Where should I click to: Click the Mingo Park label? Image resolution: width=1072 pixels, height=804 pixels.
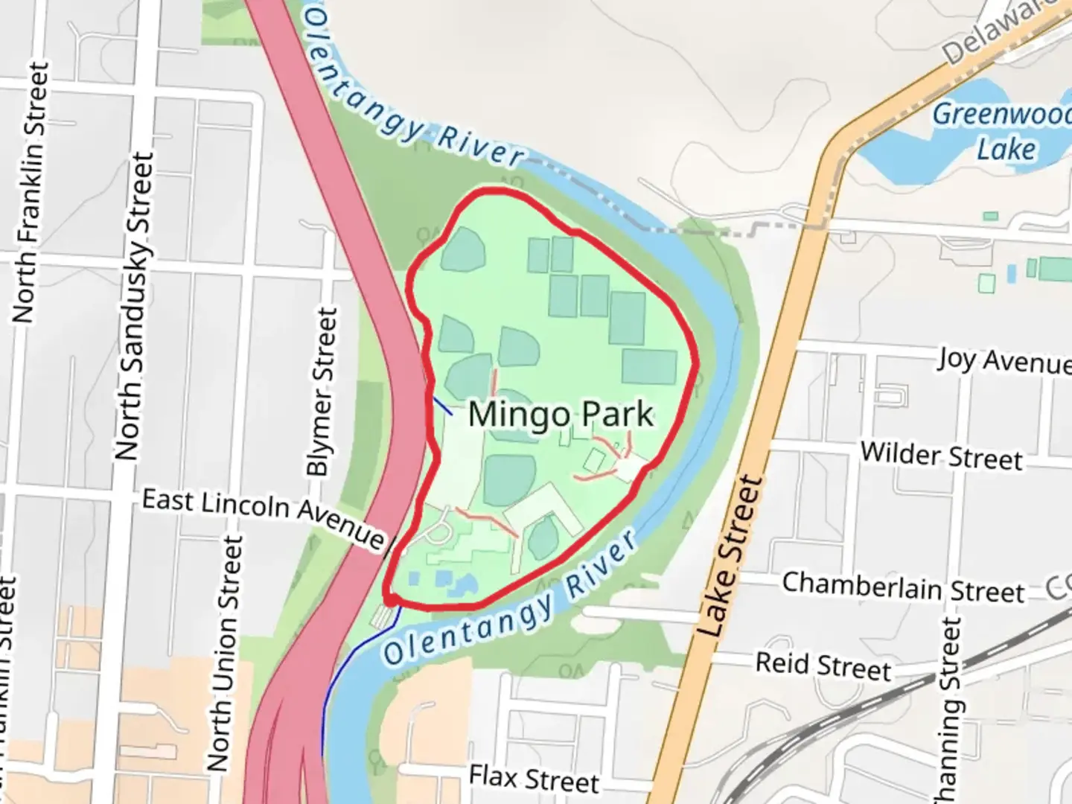pos(561,414)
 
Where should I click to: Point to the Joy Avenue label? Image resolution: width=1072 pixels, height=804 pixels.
pos(1004,360)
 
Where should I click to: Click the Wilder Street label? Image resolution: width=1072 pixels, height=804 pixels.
pos(941,455)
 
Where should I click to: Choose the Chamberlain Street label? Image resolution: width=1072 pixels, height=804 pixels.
pos(903,587)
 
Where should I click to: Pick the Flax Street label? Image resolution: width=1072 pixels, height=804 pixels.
pos(534,779)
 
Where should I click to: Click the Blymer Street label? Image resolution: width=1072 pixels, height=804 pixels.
pos(322,392)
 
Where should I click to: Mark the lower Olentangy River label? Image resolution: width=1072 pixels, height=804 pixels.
pos(511,602)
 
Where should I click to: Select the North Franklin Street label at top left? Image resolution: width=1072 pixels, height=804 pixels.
pos(30,194)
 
